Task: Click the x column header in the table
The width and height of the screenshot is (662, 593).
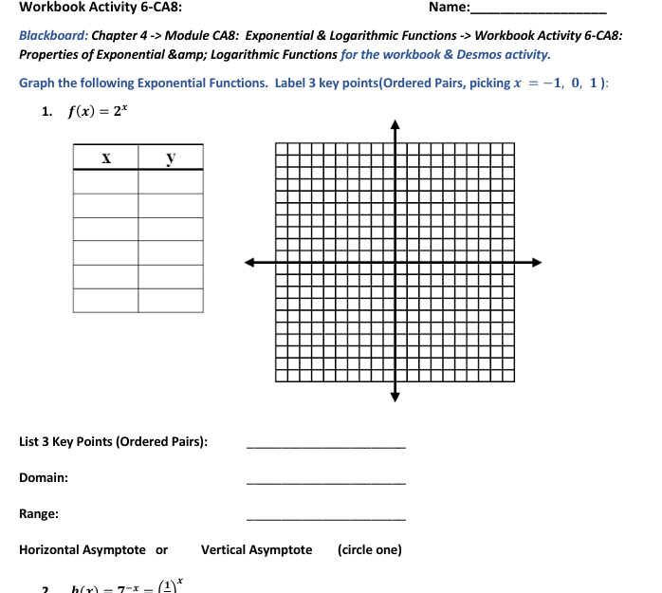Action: [105, 158]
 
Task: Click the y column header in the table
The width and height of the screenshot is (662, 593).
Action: [171, 158]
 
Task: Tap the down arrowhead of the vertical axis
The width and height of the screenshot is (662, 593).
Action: [395, 397]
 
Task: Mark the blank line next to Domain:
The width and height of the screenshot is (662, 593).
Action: [325, 483]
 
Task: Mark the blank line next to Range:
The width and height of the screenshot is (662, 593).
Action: [325, 519]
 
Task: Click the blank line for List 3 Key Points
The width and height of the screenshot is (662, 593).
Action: [325, 447]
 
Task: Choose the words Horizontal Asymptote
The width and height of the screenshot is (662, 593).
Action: [83, 550]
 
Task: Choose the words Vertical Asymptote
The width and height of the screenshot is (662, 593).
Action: [256, 550]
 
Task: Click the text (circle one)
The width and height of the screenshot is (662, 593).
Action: [370, 550]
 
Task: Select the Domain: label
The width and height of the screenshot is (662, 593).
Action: [44, 478]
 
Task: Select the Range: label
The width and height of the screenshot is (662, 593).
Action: [39, 514]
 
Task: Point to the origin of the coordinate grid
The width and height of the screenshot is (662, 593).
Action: [395, 262]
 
